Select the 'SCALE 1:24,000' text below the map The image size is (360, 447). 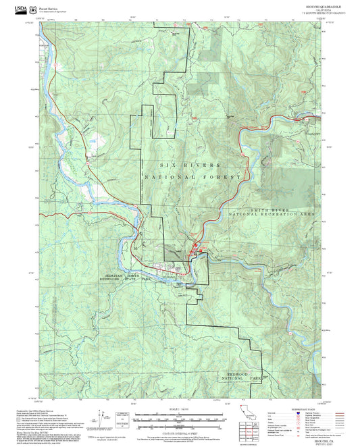[180, 409]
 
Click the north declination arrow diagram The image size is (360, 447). [102, 419]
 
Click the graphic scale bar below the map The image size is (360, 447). [179, 415]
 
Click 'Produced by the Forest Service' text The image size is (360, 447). [32, 409]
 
